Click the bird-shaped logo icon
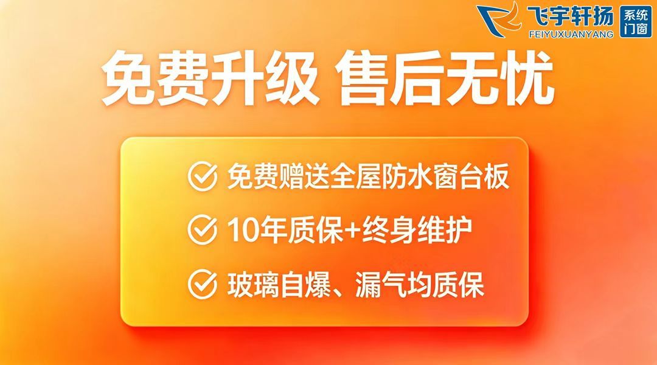click(499, 19)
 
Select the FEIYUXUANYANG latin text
click(571, 34)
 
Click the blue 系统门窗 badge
click(636, 22)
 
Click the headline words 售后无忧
click(446, 79)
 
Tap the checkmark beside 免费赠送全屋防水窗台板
click(203, 176)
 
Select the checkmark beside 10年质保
click(203, 229)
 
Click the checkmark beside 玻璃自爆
click(203, 284)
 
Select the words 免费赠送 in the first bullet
click(278, 177)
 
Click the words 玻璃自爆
click(279, 285)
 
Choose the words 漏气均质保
click(419, 285)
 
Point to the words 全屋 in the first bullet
click(356, 177)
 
